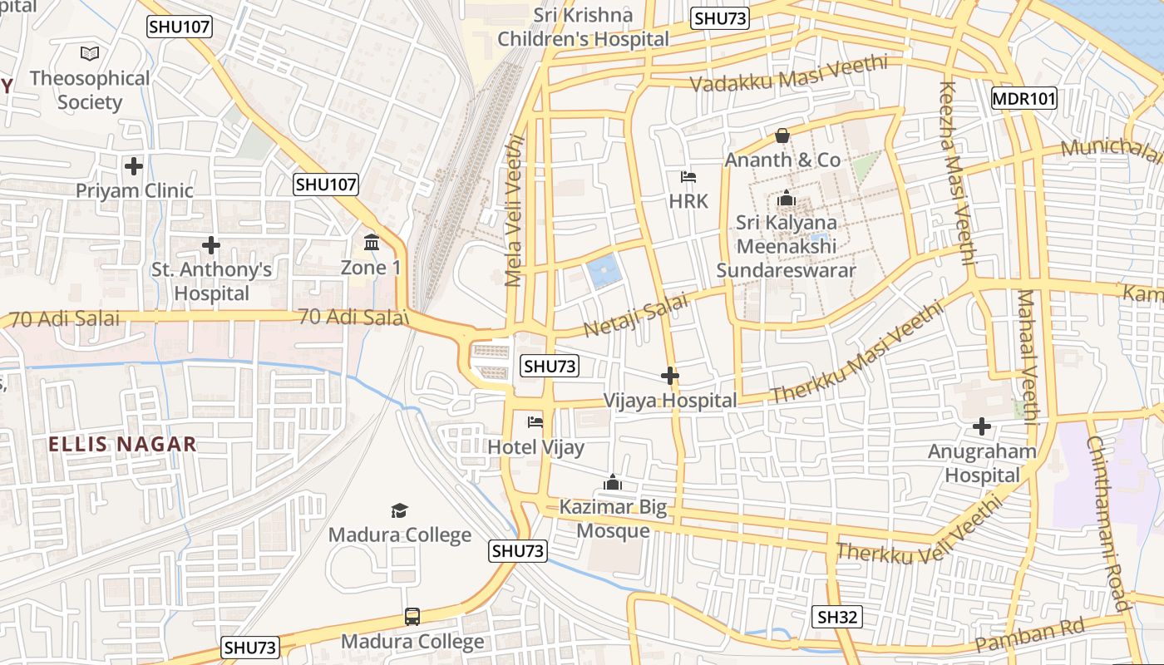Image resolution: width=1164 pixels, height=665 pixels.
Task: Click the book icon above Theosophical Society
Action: tap(90, 54)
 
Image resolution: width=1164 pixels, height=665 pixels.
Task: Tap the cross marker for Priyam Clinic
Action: tap(134, 166)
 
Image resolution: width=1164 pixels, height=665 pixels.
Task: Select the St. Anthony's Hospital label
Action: tap(211, 281)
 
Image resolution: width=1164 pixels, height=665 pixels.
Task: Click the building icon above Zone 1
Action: tap(371, 243)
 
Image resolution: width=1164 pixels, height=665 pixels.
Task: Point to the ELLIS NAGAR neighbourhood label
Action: tap(122, 444)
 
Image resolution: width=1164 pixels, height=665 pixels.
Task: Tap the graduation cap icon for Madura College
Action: tap(400, 510)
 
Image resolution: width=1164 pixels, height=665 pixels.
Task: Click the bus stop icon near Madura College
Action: tap(412, 617)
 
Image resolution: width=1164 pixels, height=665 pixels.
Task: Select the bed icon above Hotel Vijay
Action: tap(535, 422)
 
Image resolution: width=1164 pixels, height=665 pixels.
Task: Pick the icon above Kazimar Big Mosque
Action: tap(613, 482)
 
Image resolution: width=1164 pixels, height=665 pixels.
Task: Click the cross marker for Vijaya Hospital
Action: tap(669, 376)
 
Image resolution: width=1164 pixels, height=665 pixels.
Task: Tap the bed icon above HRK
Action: tap(688, 177)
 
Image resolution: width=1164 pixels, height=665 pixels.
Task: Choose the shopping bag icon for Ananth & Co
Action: tap(782, 135)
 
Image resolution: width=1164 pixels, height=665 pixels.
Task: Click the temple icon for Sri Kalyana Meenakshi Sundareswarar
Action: tap(786, 199)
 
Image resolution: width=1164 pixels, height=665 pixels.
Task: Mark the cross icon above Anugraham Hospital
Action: tap(982, 426)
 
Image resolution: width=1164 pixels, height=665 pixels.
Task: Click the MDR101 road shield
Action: tap(1023, 99)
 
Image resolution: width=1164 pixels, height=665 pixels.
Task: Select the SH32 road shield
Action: tap(836, 616)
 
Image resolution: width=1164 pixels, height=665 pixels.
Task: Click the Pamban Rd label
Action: tap(1030, 635)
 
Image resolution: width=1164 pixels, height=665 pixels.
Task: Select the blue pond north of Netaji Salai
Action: tap(604, 272)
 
